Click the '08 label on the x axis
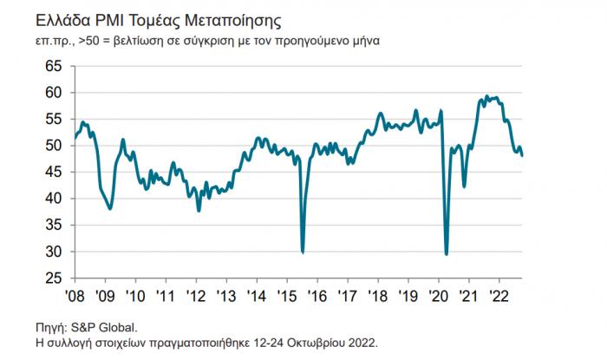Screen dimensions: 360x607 click(75, 295)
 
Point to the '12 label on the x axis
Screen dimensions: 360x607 click(197, 295)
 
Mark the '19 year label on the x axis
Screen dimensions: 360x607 click(409, 295)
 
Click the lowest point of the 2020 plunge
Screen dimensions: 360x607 click(446, 254)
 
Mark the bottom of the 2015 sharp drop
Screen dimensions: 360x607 click(302, 252)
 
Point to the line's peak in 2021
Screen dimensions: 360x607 click(486, 96)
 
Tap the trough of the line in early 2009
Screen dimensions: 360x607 click(110, 209)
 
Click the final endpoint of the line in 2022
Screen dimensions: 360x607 click(522, 155)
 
